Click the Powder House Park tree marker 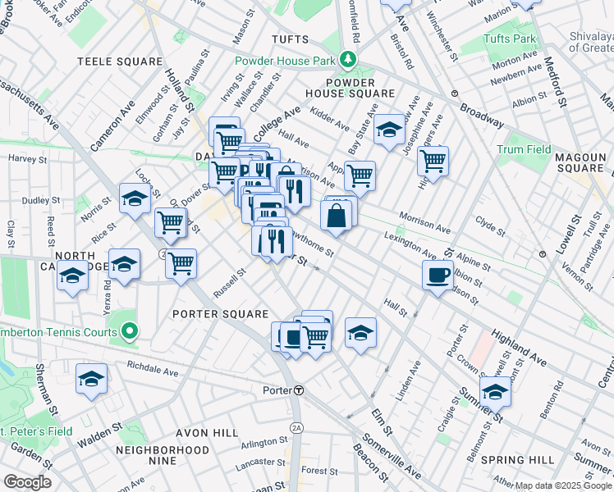click(348, 60)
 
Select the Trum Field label click(523, 149)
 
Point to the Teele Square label click(120, 61)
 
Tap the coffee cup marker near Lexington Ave click(437, 275)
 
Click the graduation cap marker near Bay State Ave click(389, 130)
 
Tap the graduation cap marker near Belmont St click(495, 393)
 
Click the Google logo click(26, 482)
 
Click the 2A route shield click(296, 428)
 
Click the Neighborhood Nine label click(162, 455)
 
